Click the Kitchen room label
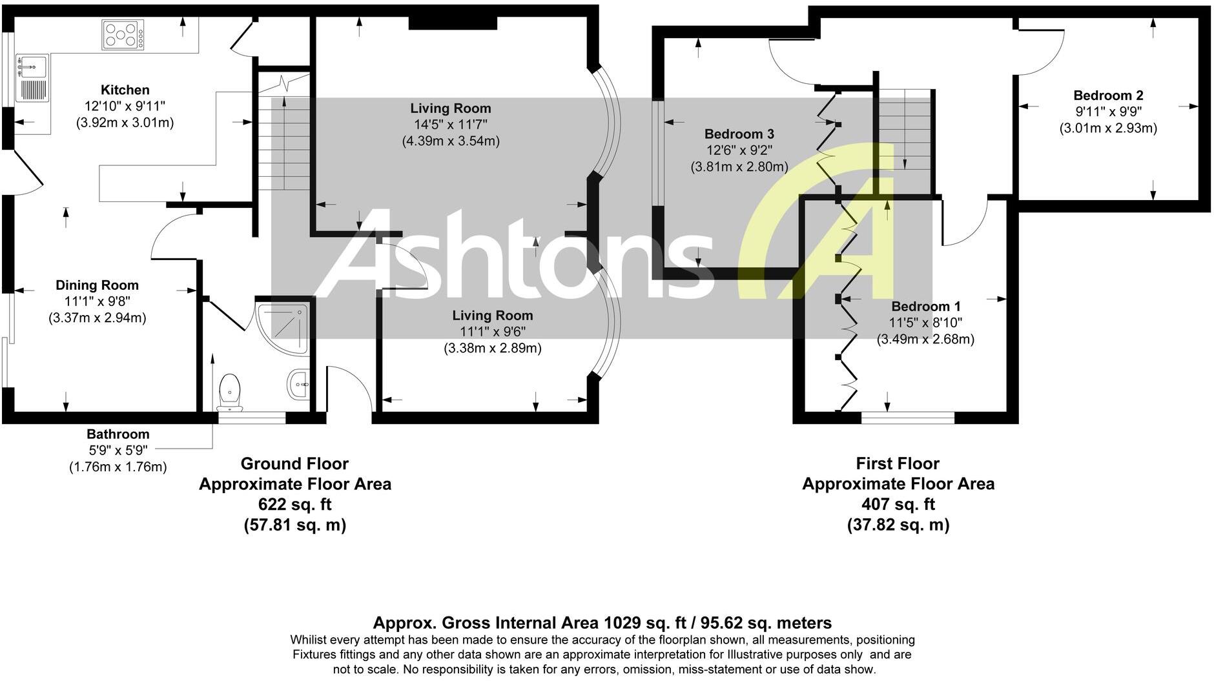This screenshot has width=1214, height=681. point(125,90)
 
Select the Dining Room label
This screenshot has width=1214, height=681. point(97,285)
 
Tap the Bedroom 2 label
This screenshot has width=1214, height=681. point(1108,96)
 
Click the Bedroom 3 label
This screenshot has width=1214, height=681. point(739,134)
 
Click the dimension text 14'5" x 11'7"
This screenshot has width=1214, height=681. point(450,125)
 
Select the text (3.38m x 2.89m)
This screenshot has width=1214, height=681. point(492,349)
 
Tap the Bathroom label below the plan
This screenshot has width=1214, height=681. point(118,434)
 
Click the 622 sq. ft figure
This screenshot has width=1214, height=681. point(295,504)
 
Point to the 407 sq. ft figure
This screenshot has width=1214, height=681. point(898,504)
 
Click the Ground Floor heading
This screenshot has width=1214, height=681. point(294,463)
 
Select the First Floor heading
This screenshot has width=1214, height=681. point(898,463)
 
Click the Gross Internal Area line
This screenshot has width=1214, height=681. point(602,623)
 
